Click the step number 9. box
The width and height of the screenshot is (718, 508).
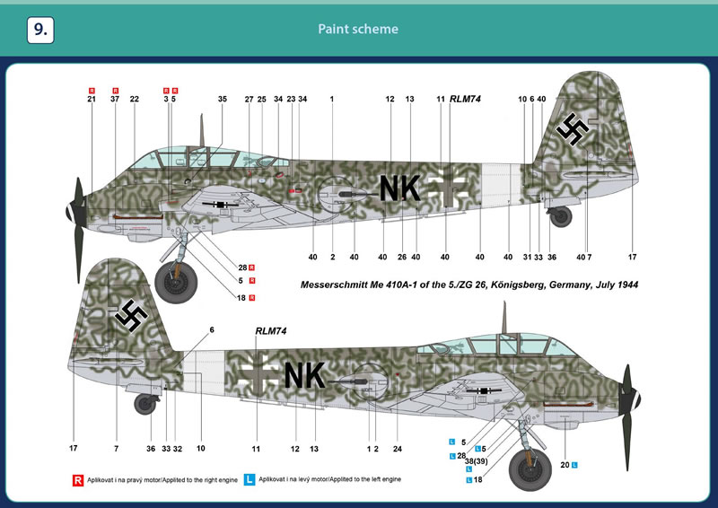click(x=40, y=30)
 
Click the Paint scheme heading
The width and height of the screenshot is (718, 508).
click(x=358, y=29)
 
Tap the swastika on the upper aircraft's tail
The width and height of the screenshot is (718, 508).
click(x=572, y=129)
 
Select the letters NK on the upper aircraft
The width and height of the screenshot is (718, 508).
click(x=399, y=188)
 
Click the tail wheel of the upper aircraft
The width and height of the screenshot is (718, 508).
click(x=560, y=216)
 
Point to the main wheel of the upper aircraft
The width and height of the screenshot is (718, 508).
click(x=176, y=281)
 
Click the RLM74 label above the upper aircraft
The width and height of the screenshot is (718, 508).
click(x=465, y=99)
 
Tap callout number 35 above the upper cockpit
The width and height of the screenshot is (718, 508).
click(x=222, y=99)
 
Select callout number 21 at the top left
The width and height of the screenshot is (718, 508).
click(x=92, y=99)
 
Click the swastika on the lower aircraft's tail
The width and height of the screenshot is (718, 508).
click(x=131, y=316)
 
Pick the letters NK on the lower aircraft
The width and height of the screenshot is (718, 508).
click(x=304, y=375)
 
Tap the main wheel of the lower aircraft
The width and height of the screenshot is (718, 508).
click(x=530, y=469)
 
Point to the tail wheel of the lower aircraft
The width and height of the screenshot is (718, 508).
click(x=145, y=404)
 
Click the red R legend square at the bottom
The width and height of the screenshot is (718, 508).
click(x=78, y=480)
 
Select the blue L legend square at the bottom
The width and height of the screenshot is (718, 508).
click(x=250, y=479)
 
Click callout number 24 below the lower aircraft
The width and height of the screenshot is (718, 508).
click(x=397, y=449)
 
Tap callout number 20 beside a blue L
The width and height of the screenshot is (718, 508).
click(x=565, y=465)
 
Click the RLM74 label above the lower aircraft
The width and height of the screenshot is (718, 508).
click(x=271, y=330)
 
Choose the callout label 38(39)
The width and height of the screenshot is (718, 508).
click(x=477, y=461)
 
